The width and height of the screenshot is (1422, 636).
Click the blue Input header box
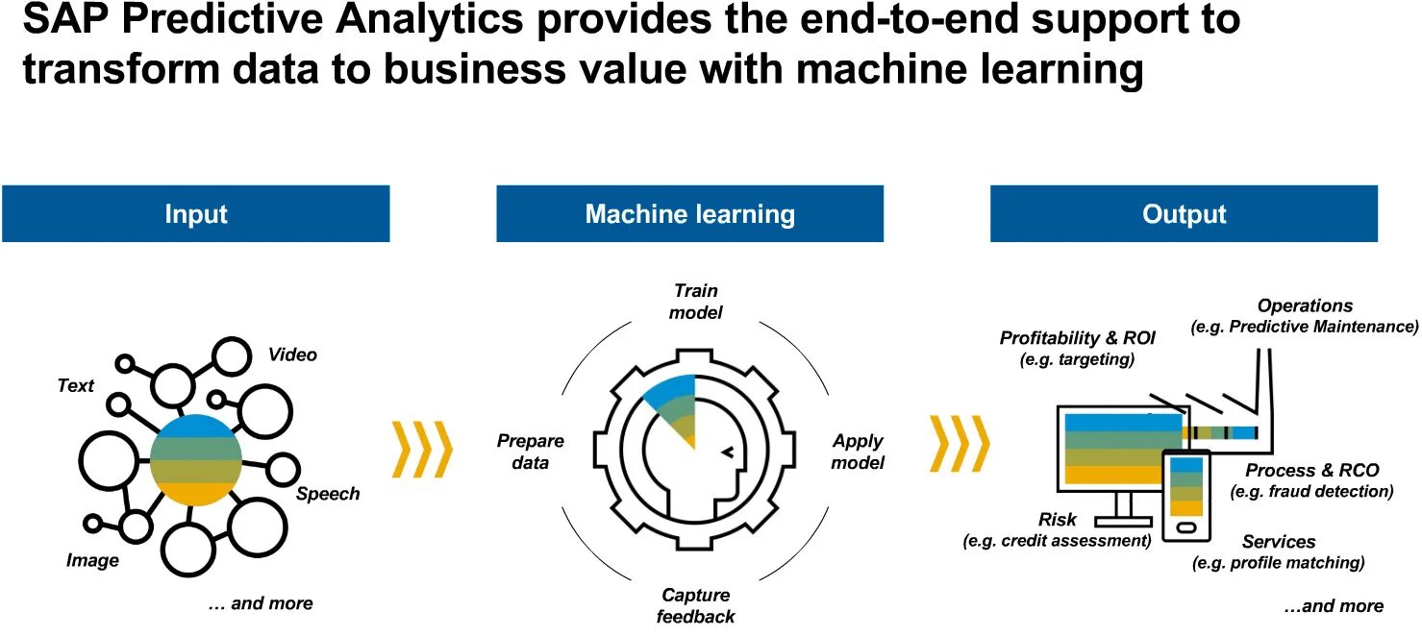click(195, 213)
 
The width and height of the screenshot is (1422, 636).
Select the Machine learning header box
click(689, 213)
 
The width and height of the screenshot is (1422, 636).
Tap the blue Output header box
click(1184, 213)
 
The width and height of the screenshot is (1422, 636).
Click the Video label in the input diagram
click(292, 355)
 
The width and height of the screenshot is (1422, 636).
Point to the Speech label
click(328, 494)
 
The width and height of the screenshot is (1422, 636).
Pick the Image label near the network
click(92, 560)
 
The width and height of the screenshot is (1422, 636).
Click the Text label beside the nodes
click(76, 386)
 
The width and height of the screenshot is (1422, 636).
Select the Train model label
click(696, 301)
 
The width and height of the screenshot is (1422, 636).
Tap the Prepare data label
click(530, 452)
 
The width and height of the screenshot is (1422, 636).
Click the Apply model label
click(858, 452)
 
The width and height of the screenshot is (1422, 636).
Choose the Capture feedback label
click(696, 605)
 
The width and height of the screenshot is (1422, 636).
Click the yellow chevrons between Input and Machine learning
click(422, 449)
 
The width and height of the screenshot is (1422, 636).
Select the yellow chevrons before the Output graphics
click(960, 444)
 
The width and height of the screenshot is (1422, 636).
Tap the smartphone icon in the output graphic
click(1185, 494)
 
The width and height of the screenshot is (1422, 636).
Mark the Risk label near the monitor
click(1058, 520)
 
